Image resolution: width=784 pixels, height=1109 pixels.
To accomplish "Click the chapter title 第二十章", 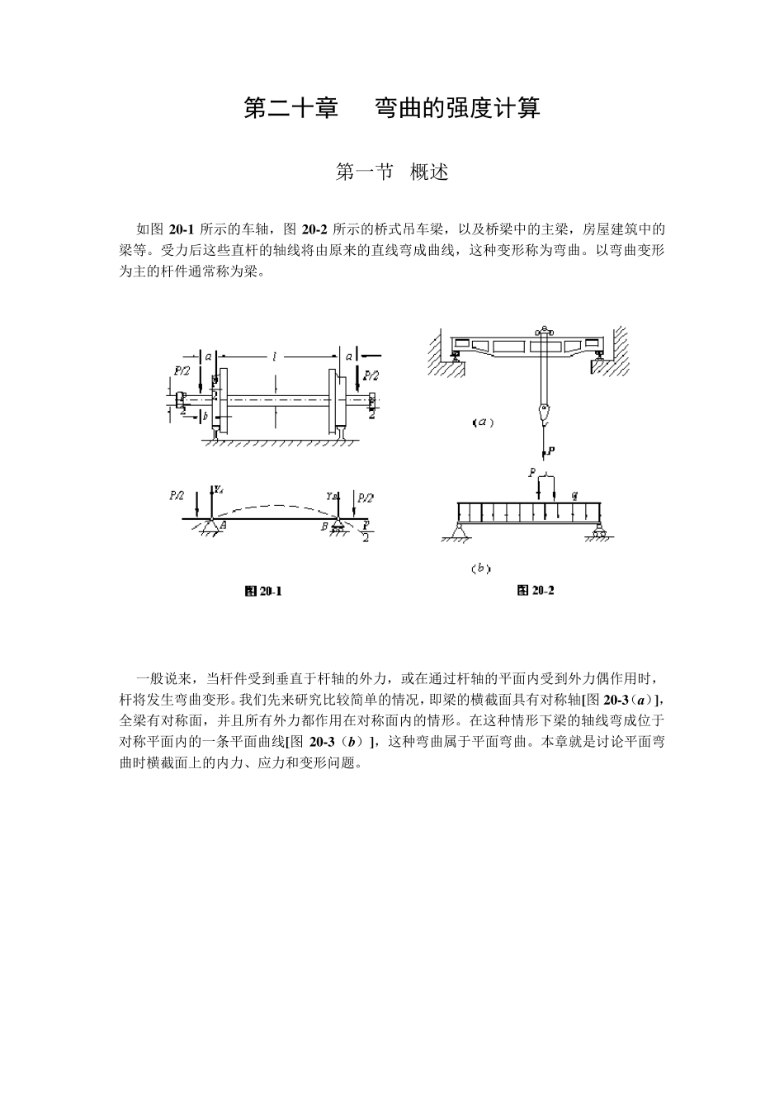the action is pos(290,108).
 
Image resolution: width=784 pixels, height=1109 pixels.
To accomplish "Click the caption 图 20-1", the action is pos(263,591).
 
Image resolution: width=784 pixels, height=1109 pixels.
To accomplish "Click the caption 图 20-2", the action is pos(535,590).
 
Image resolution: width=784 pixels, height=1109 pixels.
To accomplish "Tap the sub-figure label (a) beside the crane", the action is pos(483,422).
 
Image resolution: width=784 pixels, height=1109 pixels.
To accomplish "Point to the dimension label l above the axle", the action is pos(274,356).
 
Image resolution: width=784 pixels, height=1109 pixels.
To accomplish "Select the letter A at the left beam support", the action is pos(224,524).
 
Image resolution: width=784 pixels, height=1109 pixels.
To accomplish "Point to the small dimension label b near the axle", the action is pos(205,416).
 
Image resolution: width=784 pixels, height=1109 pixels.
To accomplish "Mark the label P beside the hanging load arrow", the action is pos(550,451).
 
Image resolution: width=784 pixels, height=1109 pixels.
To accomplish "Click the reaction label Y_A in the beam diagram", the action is pos(218,489).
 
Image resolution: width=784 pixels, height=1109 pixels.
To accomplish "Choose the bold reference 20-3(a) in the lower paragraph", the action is pos(630,701).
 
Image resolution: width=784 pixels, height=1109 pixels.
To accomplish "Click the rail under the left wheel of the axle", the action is pos(217,433).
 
